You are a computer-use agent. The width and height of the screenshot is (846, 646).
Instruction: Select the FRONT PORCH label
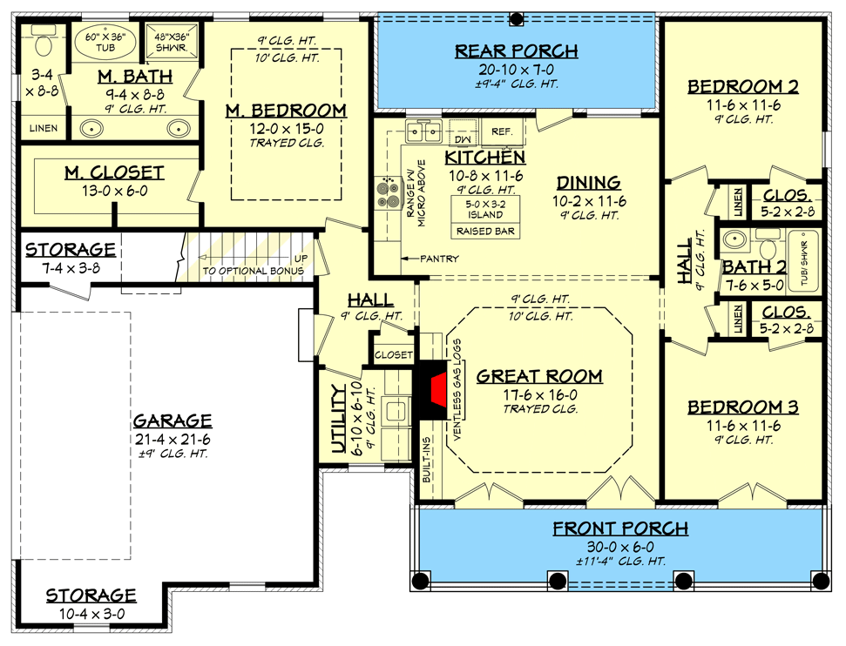point(620,528)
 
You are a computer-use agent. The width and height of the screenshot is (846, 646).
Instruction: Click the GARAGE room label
point(172,421)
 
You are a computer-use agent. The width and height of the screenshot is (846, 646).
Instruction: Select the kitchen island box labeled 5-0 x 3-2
point(484,209)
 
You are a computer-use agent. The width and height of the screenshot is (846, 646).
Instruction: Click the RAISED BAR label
point(484,232)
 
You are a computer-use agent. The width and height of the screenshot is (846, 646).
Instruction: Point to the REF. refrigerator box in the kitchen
point(501,131)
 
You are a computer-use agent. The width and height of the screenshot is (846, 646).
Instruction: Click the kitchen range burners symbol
point(386,192)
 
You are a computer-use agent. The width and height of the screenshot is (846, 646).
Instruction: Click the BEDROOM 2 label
point(743,86)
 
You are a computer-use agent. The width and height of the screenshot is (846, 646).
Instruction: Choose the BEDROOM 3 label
point(743,407)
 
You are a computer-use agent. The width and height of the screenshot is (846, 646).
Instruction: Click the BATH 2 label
point(753,266)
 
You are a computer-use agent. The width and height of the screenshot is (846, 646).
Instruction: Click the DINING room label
point(589,183)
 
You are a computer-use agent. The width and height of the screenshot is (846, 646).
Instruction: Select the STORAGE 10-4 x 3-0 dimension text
point(91,613)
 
